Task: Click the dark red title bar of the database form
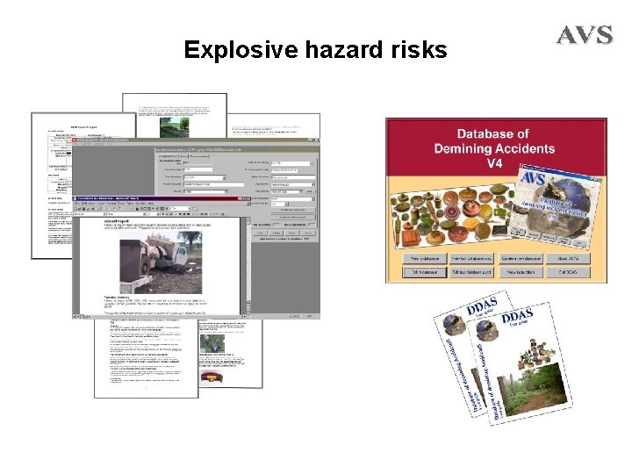193,141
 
